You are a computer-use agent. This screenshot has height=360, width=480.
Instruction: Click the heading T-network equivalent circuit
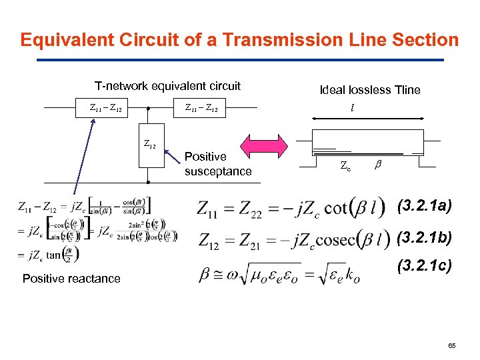point(167,86)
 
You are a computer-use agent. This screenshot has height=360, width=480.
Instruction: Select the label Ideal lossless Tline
point(370,90)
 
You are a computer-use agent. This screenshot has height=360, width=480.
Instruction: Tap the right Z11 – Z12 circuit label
point(201,107)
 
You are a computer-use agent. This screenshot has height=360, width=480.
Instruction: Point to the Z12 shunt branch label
point(150,143)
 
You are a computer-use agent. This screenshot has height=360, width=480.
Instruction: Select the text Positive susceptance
point(217,164)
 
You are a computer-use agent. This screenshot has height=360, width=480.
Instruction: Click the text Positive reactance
point(71,279)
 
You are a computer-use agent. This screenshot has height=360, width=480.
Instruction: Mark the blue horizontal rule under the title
point(240,60)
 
